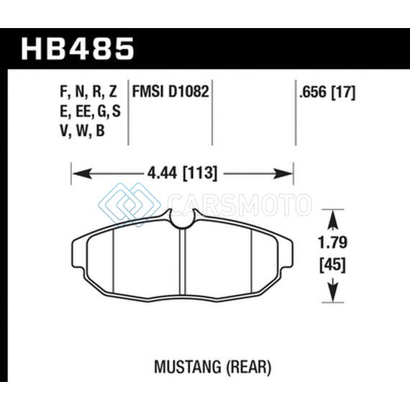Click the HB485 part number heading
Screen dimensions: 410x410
78,49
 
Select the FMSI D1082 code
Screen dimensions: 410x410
170,92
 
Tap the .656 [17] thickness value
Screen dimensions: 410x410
327,92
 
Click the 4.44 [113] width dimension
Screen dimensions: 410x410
182,173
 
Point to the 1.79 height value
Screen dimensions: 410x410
332,242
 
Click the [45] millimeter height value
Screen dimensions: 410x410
332,265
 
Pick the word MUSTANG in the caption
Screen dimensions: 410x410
187,367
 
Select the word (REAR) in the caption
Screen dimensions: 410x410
247,368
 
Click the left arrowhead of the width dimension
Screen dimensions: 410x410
82,173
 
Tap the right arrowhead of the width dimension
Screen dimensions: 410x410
283,173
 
